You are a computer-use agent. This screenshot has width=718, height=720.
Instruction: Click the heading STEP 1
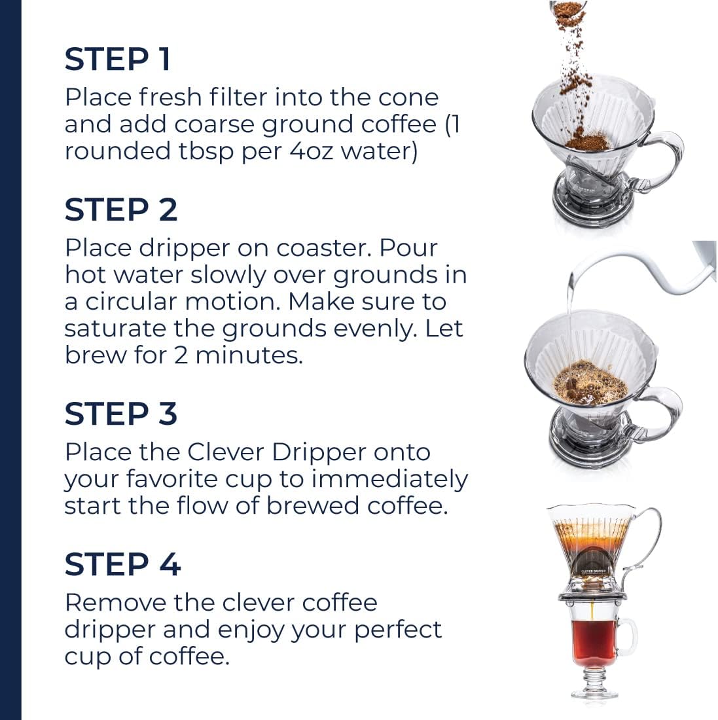(117, 60)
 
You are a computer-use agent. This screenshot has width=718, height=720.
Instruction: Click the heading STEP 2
(120, 210)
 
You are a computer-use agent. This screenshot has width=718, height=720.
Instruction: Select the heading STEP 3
(120, 414)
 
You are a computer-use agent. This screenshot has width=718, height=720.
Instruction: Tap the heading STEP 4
(122, 565)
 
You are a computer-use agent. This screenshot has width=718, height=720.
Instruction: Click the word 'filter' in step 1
(238, 98)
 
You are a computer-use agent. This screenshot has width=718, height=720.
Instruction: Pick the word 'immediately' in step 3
(389, 479)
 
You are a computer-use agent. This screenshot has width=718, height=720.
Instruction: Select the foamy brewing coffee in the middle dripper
(589, 383)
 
